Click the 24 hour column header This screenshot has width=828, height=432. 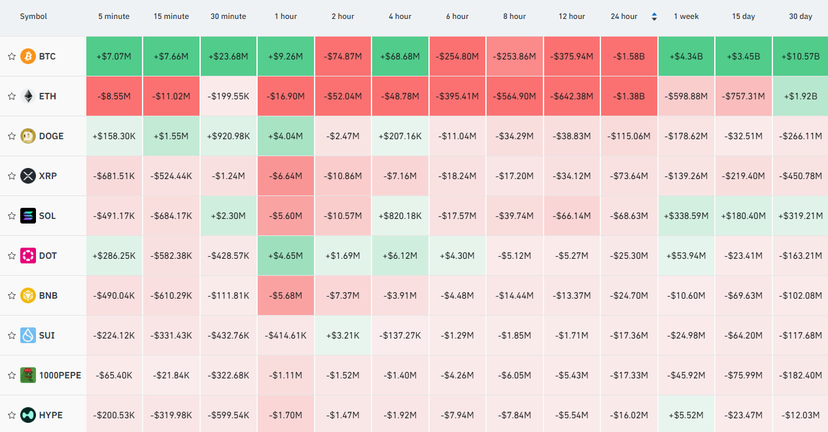[x=624, y=16]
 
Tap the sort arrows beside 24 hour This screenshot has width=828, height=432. [x=654, y=16]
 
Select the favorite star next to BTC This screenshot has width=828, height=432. [x=12, y=56]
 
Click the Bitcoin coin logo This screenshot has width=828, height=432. [x=27, y=56]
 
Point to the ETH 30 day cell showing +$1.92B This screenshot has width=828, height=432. [x=801, y=96]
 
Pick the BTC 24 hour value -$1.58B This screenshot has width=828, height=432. [x=629, y=56]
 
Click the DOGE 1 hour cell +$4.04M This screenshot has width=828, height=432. [x=286, y=136]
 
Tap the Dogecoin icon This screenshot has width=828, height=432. [x=27, y=136]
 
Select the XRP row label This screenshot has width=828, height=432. [x=48, y=176]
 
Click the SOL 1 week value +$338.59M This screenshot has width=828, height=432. [x=687, y=216]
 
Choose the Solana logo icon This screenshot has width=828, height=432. [x=27, y=216]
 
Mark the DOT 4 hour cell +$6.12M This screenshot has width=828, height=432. [x=400, y=256]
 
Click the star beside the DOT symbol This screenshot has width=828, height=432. [x=12, y=256]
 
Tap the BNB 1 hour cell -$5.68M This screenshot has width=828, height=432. [x=286, y=295]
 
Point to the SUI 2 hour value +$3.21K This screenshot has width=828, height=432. [x=343, y=335]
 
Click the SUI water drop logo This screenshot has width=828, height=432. [x=27, y=335]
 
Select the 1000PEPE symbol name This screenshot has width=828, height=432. [x=60, y=375]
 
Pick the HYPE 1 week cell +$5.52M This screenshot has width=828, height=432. [x=687, y=415]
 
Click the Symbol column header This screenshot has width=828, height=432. [x=33, y=16]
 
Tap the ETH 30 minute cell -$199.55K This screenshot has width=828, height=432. [x=228, y=96]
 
